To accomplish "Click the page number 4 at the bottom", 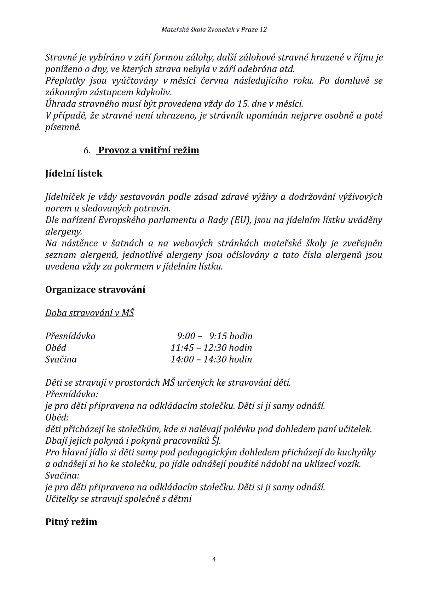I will [x=214, y=560].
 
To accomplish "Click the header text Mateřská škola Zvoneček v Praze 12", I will [x=214, y=30].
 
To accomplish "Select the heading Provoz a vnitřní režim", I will [x=149, y=150].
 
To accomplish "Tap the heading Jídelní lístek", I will [x=74, y=174].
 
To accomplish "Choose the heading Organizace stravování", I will [x=95, y=290].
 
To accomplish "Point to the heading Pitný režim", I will [x=71, y=522].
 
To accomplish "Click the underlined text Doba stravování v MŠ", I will [x=90, y=313].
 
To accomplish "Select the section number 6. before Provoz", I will [x=87, y=151].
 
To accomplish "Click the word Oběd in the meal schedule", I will [x=56, y=348].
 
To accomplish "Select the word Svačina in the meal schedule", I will [x=61, y=359].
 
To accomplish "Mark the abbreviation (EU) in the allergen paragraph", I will [x=241, y=220].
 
